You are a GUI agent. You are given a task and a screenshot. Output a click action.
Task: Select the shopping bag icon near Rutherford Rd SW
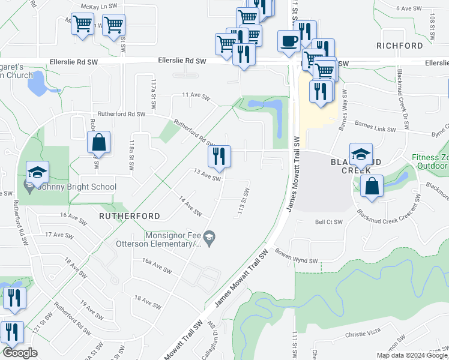coord(99,143)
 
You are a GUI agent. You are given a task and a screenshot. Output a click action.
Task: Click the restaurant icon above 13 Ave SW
coord(219,157)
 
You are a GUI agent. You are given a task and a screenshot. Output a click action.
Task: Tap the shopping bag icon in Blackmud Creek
coord(372,186)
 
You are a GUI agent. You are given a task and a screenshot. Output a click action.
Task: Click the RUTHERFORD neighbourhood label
coord(130,216)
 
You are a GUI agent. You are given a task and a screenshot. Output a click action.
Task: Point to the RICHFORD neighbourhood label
coord(400,46)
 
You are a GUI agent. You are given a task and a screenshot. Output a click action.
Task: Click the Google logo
coord(20,353)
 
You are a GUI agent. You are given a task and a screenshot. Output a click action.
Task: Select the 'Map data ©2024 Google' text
coord(411,355)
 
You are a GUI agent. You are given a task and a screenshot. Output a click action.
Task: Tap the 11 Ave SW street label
coord(197,96)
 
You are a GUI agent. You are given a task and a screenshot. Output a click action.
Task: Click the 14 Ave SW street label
coord(190,205)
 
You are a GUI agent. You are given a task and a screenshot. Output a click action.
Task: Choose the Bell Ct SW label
coord(329,222)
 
